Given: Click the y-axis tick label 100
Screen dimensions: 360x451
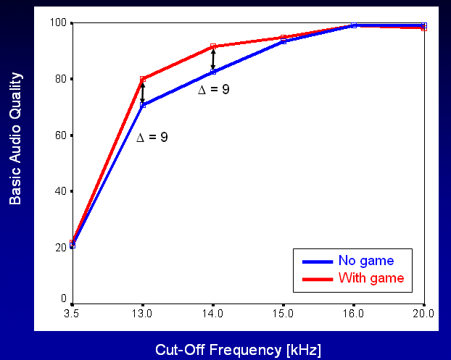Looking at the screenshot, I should tap(59, 23).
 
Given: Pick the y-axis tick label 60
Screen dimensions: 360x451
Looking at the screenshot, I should tap(61, 135).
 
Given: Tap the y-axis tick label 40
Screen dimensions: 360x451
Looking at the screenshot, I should tap(61, 191).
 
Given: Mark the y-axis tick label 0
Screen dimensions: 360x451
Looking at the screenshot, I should tap(64, 298).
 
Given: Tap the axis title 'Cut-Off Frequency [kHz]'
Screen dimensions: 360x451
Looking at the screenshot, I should tap(238, 350).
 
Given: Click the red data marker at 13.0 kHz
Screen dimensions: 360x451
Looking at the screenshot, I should tap(143, 79).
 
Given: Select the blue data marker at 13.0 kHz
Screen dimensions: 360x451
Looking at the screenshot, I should tap(143, 105).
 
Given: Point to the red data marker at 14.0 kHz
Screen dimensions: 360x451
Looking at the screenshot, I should tap(212, 46).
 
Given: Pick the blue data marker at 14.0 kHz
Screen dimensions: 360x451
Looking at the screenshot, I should tap(212, 72).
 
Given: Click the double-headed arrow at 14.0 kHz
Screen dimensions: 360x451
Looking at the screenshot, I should tap(212, 59).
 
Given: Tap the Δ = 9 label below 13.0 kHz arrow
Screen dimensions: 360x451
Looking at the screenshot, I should tap(152, 136).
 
